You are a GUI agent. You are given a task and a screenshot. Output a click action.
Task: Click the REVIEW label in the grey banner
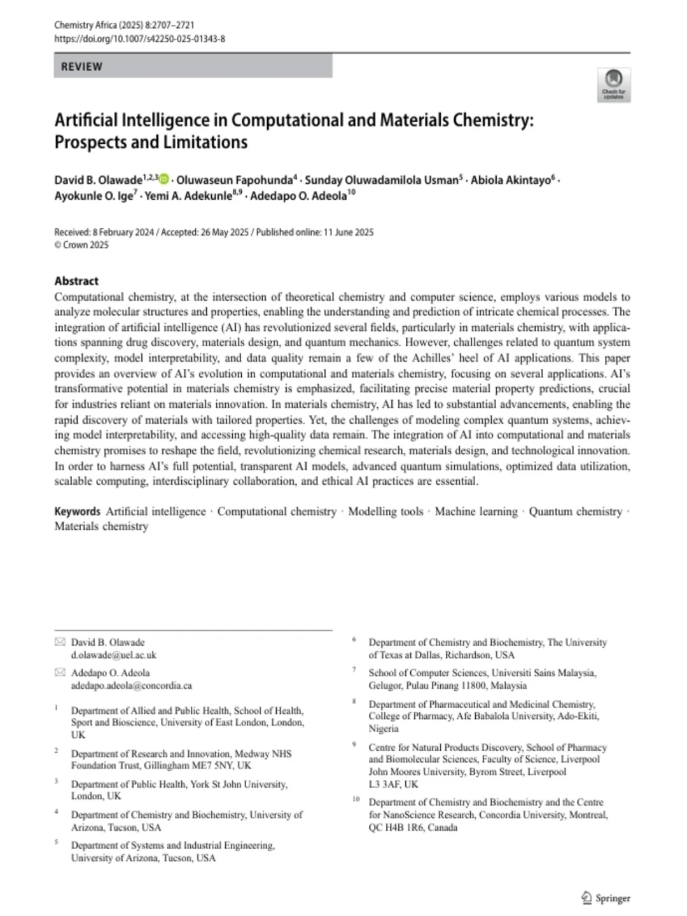point(81,67)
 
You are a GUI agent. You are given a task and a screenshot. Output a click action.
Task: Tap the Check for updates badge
point(614,85)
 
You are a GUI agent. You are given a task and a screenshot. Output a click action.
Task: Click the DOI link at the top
point(139,39)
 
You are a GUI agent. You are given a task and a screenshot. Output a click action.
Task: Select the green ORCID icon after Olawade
point(165,180)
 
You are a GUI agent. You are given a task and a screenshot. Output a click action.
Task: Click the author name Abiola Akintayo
point(510,180)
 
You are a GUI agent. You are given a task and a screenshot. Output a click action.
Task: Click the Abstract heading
point(76,281)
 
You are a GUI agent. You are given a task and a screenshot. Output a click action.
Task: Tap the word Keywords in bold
point(77,511)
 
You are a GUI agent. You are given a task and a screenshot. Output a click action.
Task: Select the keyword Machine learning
point(476,511)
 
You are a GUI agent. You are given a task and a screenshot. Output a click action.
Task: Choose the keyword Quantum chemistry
point(575,511)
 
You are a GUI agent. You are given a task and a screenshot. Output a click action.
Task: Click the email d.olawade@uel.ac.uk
point(113,655)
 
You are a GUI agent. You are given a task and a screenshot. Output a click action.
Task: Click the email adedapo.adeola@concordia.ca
point(131,686)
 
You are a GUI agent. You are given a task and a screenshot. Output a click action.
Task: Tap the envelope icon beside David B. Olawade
point(60,642)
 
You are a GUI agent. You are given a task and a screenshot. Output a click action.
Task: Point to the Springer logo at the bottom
point(606,898)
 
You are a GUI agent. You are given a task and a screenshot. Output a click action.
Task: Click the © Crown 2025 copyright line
point(81,245)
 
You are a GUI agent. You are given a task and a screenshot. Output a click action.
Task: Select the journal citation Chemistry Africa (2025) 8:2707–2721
point(124,25)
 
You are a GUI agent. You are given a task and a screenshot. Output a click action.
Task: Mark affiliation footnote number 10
point(356,799)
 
